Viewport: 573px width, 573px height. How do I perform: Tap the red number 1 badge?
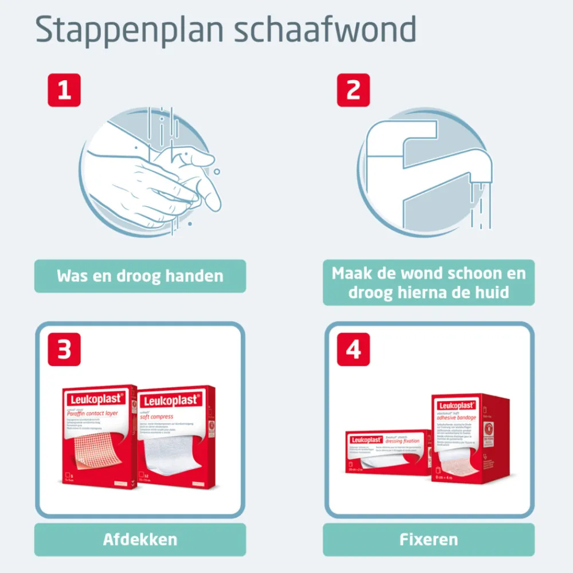pyautogui.click(x=64, y=91)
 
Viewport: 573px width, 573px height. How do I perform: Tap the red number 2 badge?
pyautogui.click(x=353, y=91)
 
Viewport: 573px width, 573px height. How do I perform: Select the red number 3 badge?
pyautogui.click(x=64, y=349)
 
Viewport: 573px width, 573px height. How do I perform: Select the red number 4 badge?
pyautogui.click(x=353, y=349)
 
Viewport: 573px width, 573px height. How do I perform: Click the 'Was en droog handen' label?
pyautogui.click(x=140, y=276)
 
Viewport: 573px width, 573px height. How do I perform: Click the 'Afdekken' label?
pyautogui.click(x=140, y=539)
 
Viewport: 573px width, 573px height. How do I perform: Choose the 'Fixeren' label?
pyautogui.click(x=429, y=539)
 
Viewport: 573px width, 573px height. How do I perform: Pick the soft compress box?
pyautogui.click(x=176, y=438)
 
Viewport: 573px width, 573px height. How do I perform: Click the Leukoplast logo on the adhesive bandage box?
pyautogui.click(x=456, y=405)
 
